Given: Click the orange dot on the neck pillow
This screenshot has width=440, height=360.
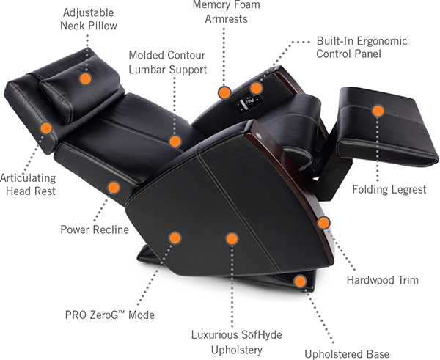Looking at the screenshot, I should coord(86,76).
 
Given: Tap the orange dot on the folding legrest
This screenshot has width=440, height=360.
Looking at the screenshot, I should coord(378,111).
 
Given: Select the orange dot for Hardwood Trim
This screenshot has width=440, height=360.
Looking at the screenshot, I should coord(323,221).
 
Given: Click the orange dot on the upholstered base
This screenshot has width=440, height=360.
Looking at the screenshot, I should coord(299,280).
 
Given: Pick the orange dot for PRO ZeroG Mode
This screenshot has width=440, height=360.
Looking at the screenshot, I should coord(175,238).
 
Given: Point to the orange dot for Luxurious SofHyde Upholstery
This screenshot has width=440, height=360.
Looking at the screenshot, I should coord(232,238).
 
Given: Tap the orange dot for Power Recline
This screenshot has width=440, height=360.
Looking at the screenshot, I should coord(114,187).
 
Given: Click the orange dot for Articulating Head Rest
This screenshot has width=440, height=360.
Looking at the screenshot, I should coord(45,128).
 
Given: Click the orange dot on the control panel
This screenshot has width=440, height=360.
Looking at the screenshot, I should coord(256,89).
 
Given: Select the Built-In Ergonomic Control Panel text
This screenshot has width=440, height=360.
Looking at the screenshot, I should coord(362,48).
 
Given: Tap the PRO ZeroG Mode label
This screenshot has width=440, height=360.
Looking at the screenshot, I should coord(116,315).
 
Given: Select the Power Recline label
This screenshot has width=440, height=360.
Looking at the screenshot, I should coord(95,229).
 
